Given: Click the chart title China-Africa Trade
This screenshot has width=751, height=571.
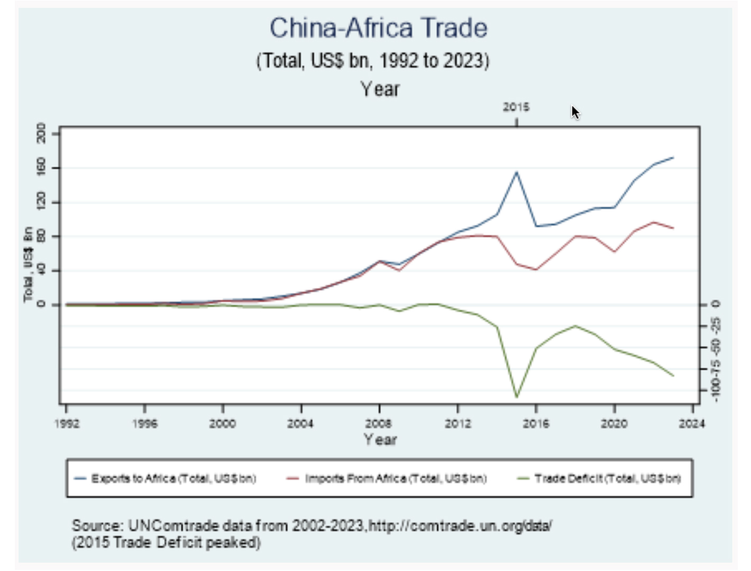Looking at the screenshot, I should coord(378,29).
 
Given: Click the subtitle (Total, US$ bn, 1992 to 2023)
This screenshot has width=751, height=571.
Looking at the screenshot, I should coord(373,61).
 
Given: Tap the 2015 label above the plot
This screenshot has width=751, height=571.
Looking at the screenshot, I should coord(516,107).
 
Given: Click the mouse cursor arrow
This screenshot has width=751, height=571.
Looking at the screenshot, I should coord(575,112).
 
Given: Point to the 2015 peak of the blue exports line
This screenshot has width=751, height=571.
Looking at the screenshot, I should coord(517,172).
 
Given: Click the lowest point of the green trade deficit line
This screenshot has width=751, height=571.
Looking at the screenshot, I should coord(517,396).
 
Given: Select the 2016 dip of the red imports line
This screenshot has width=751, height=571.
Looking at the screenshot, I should coord(536,270).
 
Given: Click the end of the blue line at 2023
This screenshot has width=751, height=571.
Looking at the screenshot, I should coord(673,158).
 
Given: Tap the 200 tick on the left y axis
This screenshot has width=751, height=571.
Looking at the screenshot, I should coord(41,133).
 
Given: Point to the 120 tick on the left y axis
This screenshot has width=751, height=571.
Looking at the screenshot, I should coord(41,202).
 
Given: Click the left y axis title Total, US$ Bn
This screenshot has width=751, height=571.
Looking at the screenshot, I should coord(28,264).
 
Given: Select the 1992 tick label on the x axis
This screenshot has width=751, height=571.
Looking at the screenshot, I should coord(67,423).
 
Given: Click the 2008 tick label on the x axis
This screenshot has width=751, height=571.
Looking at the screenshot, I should coord(379,423).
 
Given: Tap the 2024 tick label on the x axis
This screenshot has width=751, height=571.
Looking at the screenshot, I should coord(692,423).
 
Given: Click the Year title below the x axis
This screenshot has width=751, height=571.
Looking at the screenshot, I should coord(380,440).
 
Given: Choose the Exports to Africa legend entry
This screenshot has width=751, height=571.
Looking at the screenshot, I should coord(173,478).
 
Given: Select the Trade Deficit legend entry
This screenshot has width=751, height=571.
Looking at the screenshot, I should coord(607,478).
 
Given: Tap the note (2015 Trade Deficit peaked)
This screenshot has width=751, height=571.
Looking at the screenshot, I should coord(166,543).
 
